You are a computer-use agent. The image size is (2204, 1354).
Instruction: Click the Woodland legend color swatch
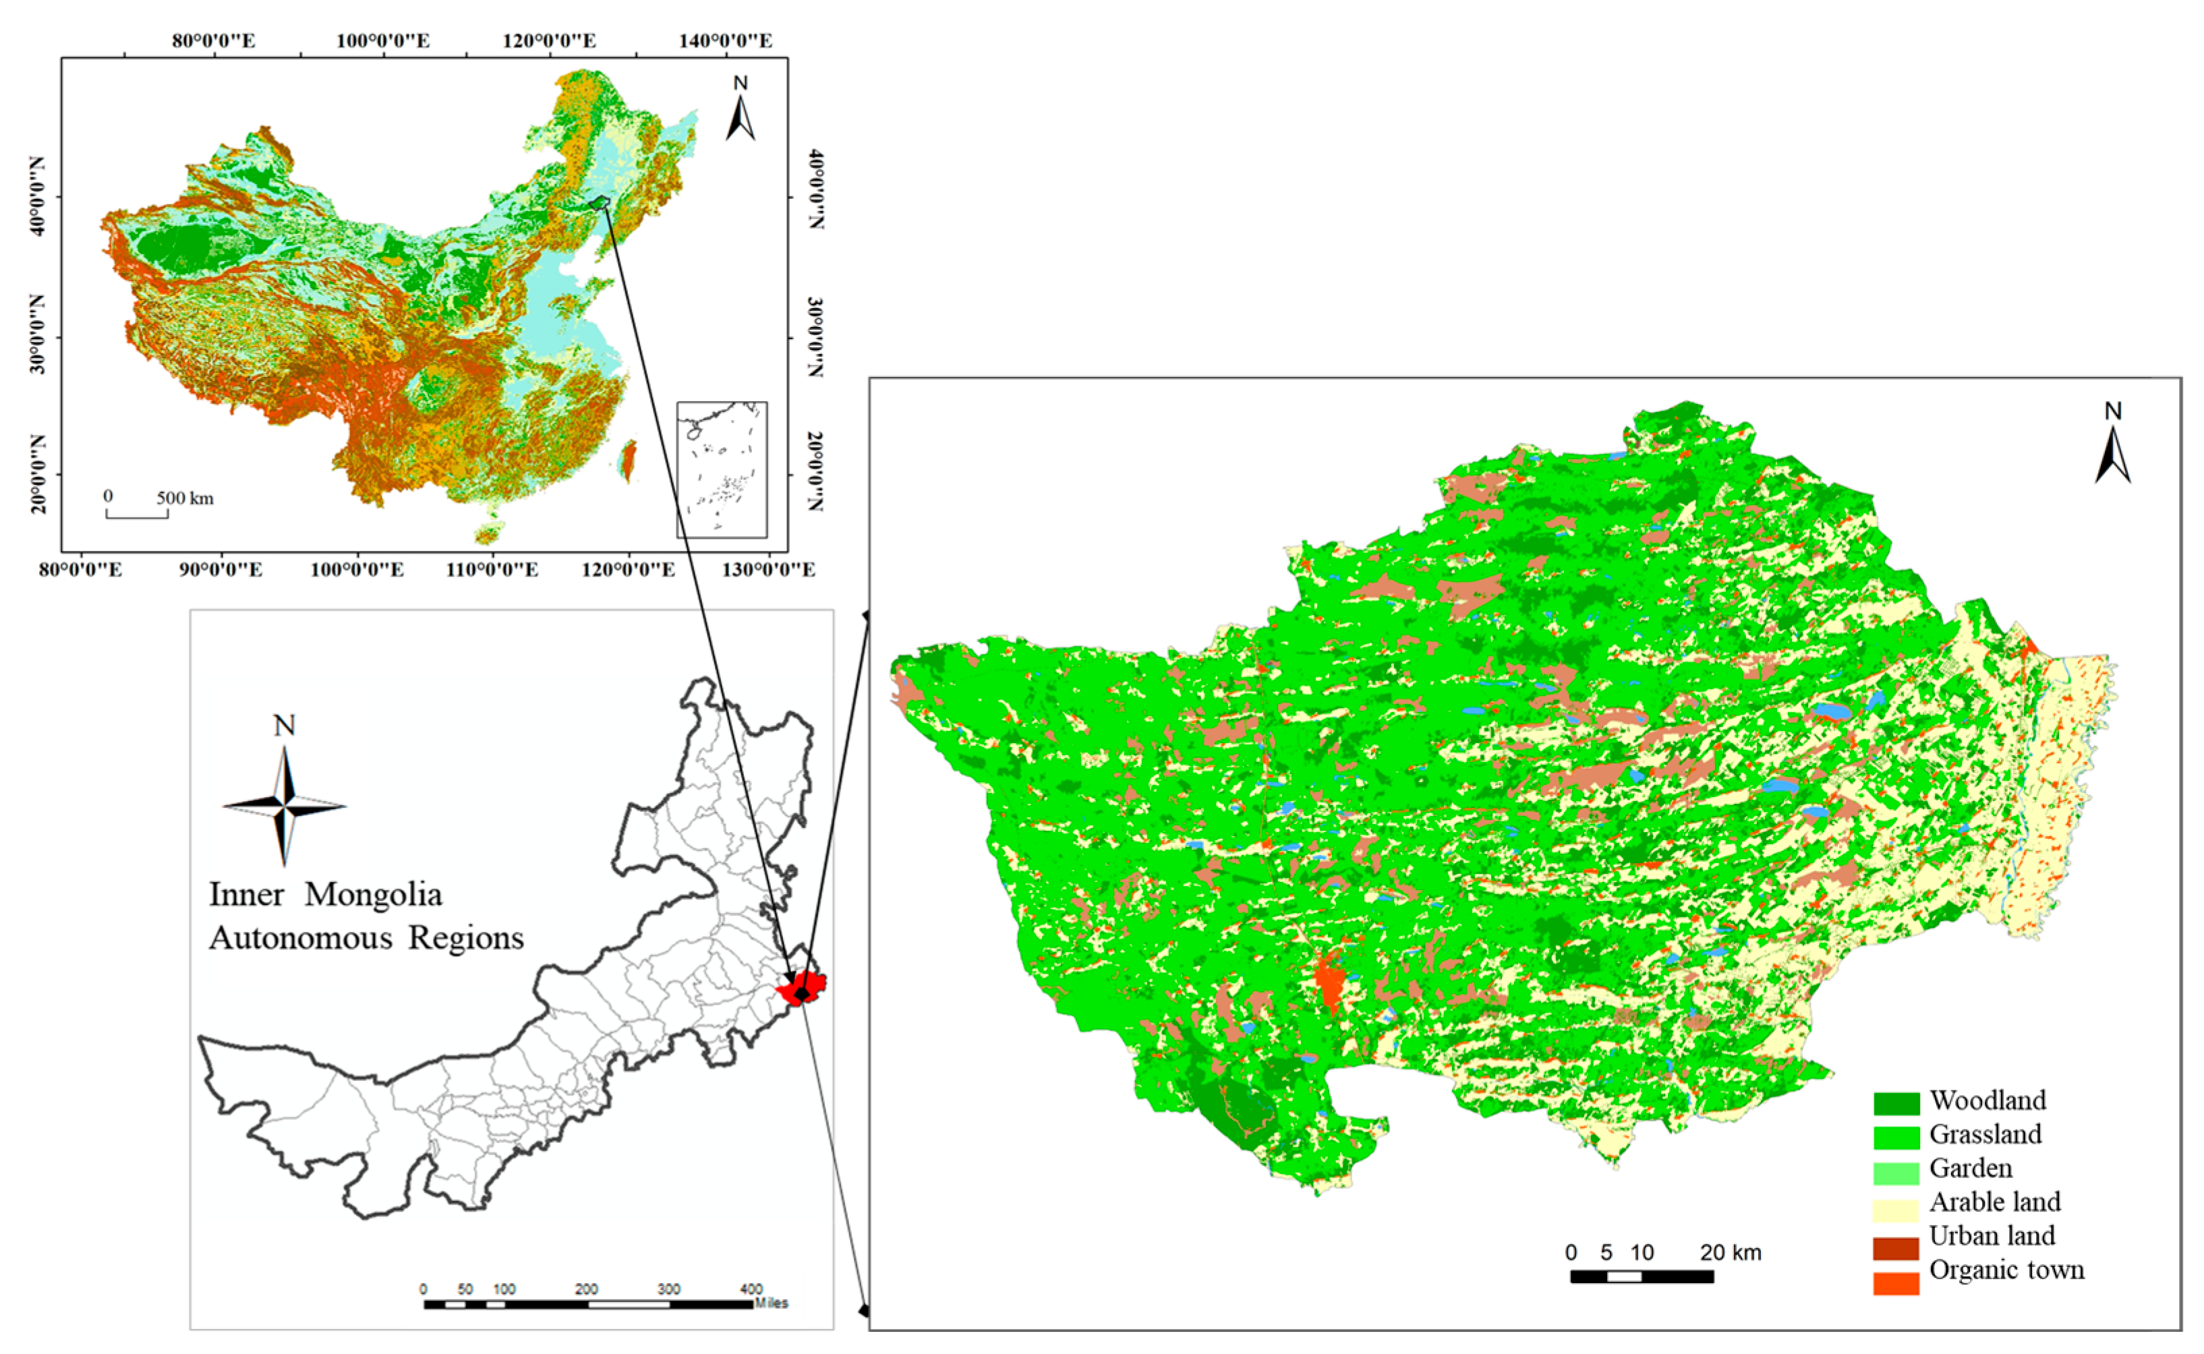coord(1895,1103)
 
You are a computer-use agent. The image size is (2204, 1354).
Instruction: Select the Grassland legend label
coord(1985,1135)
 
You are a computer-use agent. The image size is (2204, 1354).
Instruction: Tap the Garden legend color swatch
coord(1895,1172)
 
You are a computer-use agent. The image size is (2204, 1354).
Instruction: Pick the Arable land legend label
coord(1994,1202)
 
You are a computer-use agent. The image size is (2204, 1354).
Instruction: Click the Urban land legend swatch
coord(1895,1248)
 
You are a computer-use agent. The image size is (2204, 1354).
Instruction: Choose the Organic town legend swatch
coord(1895,1283)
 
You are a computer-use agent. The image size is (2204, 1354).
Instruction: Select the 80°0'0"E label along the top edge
coord(213,40)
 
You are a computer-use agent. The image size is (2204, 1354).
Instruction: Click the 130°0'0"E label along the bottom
coord(767,570)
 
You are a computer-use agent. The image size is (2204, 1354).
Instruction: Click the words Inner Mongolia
coord(325,895)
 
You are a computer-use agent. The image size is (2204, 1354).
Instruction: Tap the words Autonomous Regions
coord(366,937)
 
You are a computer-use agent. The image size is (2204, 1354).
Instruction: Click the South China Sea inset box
coord(721,469)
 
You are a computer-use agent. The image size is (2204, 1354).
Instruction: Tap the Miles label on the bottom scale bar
coord(770,1303)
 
